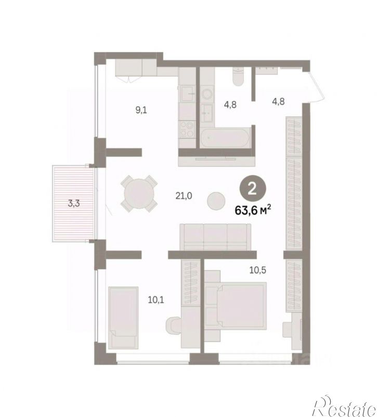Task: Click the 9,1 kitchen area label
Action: tap(141, 110)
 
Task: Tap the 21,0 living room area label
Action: tap(184, 196)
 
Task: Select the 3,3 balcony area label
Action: tap(74, 204)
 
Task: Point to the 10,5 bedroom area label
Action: tap(257, 270)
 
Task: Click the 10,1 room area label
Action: tap(155, 300)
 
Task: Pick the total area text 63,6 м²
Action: tap(253, 210)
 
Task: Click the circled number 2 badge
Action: tap(253, 189)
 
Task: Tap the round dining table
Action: tap(139, 194)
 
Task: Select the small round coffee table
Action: tap(216, 201)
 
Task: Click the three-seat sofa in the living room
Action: tap(215, 237)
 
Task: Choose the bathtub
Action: tap(225, 137)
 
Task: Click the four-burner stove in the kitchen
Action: tap(187, 129)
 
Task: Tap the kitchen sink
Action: tap(187, 94)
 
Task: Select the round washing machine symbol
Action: tap(206, 94)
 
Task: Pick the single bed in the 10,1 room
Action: tap(123, 318)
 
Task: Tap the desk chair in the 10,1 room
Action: tap(173, 326)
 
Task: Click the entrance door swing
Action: tap(317, 85)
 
